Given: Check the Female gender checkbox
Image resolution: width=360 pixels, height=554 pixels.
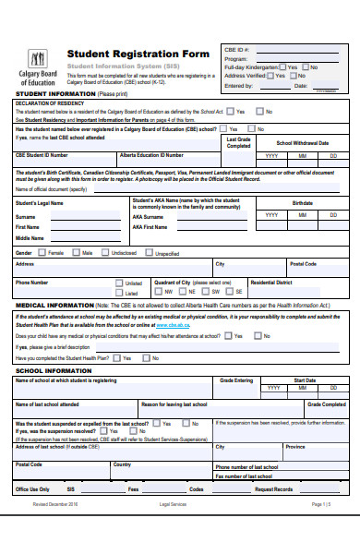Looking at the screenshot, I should [42, 252].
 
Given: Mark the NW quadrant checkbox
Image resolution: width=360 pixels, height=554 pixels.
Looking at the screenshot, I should [158, 291].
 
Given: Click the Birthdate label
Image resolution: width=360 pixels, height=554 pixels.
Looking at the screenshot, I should [302, 202].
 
